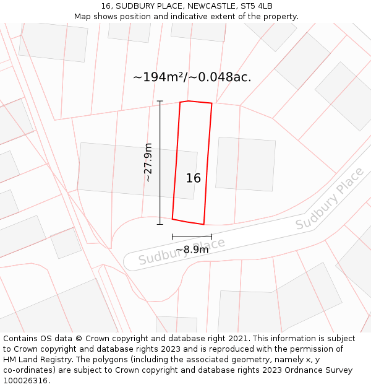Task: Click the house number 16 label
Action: [x=194, y=178]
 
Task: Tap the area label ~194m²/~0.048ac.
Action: [x=192, y=77]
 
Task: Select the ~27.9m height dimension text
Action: [x=148, y=162]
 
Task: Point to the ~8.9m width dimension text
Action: [x=192, y=250]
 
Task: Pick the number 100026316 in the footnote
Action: [x=25, y=381]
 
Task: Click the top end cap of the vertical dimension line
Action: [x=160, y=101]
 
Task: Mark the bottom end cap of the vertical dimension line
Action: [x=160, y=224]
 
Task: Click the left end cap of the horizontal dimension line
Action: [x=173, y=237]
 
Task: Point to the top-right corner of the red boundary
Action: [x=212, y=103]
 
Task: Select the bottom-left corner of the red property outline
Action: [x=173, y=219]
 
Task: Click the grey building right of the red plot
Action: [x=245, y=163]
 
